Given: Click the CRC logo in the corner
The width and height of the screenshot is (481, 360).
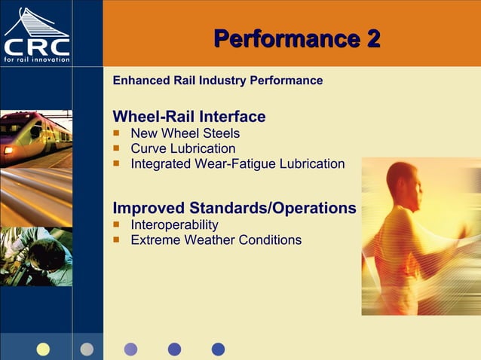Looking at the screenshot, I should [36, 35].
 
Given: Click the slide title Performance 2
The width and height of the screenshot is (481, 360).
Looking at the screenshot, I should [296, 38].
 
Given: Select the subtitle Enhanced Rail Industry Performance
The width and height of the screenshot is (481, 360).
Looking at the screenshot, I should [217, 81].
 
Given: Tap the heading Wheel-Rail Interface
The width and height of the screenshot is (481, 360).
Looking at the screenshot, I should [188, 117].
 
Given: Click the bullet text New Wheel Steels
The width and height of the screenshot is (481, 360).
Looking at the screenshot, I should [185, 133].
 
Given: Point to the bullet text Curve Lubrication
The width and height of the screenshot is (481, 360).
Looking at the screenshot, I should [182, 148].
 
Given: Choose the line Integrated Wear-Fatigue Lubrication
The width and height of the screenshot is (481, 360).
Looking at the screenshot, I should [237, 163].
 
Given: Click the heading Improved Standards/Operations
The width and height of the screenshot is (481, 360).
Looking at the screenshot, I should [234, 208].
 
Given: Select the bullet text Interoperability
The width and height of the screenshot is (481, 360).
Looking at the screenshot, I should [174, 224].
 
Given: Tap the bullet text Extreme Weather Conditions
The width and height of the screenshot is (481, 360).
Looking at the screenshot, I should [216, 240].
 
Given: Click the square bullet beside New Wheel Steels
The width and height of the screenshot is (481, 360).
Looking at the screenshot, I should [117, 133].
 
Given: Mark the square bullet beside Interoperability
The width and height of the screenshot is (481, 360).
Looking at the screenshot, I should [117, 224].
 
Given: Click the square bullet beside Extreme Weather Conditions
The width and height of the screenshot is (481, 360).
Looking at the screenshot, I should [117, 240].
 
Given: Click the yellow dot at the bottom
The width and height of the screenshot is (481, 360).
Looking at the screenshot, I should [43, 349].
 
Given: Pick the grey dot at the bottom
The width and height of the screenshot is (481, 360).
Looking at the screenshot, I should [87, 349].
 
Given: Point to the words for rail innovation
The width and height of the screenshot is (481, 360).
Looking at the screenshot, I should [36, 59].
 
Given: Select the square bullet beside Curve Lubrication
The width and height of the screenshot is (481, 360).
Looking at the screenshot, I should [117, 148].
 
